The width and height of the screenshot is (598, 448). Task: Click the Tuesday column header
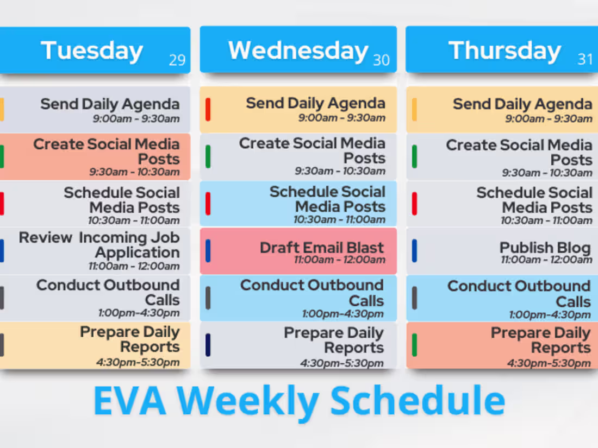95,50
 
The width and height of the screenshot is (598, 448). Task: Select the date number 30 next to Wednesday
381,60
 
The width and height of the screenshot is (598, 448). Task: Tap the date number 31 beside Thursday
585,59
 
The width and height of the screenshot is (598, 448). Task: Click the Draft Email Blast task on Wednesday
298,251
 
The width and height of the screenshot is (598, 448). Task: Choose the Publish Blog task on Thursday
502,251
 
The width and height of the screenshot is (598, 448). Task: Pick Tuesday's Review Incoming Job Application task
95,251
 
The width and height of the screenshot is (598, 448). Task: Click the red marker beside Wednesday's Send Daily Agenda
208,109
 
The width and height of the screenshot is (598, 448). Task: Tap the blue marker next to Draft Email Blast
208,251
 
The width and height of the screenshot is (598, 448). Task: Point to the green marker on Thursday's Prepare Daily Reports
415,345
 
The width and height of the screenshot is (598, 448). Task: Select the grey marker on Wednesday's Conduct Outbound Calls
208,298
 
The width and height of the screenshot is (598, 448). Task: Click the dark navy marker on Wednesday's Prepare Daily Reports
208,345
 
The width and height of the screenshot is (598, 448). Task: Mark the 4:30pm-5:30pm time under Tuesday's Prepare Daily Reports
138,362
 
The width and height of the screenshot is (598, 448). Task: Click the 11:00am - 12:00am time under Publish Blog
546,260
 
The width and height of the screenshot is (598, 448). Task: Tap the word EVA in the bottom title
130,400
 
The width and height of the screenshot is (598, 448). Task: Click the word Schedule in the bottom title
418,400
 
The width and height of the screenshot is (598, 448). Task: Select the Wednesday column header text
298,51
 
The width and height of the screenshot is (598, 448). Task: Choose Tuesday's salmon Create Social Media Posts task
95,156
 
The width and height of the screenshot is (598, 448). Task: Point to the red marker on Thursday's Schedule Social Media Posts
415,204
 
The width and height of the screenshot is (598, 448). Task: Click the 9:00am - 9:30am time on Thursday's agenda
549,119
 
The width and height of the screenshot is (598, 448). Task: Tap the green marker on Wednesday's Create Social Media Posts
208,156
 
